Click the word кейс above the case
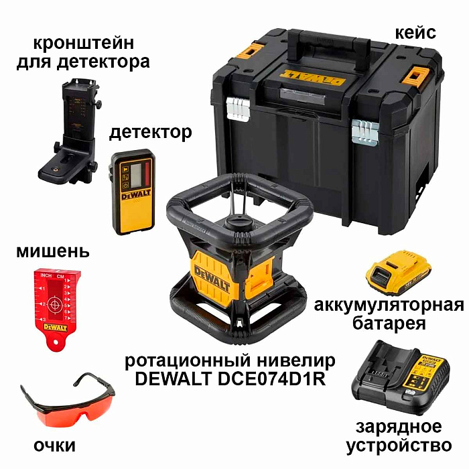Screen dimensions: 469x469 coord(415,31)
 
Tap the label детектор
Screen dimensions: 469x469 coord(150,132)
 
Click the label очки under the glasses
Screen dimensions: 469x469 coord(54,446)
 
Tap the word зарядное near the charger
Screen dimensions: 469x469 coord(400,427)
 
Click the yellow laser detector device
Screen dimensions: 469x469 coord(133,191)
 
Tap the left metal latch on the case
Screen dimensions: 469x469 coord(237,107)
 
